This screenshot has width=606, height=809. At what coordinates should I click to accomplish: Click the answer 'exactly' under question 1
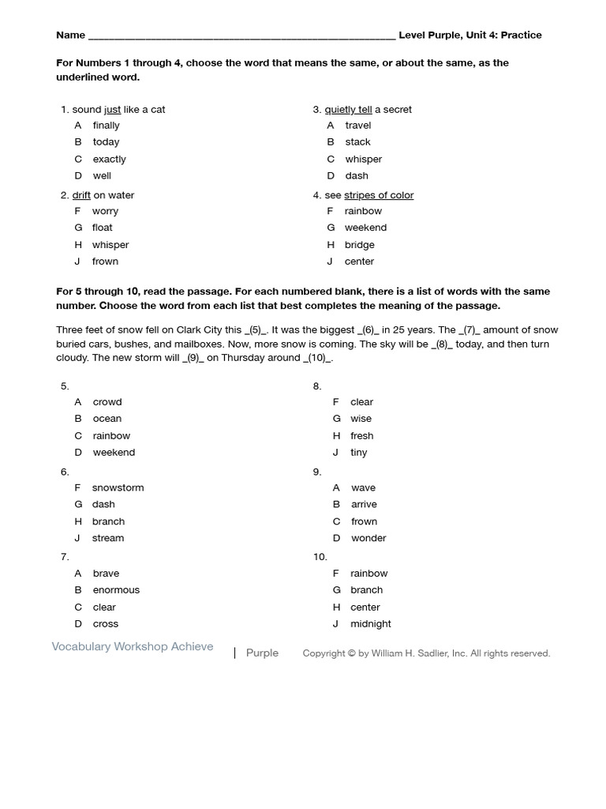[x=109, y=159]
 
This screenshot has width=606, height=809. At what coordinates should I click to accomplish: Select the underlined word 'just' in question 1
[x=112, y=110]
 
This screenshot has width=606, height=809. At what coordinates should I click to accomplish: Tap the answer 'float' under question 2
[x=102, y=228]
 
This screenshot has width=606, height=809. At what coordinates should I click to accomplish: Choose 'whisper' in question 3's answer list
[x=363, y=159]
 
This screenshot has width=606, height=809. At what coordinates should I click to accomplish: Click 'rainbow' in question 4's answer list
[x=363, y=211]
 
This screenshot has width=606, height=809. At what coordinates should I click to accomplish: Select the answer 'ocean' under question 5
[x=107, y=419]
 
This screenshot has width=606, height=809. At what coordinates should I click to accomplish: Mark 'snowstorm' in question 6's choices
[x=118, y=487]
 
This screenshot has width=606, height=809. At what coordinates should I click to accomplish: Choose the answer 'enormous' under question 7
[x=116, y=590]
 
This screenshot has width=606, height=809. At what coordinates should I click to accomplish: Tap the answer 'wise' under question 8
[x=361, y=419]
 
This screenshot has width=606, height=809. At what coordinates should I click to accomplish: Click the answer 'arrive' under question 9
[x=364, y=504]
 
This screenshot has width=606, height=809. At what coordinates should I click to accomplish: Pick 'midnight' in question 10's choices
[x=370, y=624]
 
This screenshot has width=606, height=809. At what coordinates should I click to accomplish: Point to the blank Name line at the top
[x=241, y=36]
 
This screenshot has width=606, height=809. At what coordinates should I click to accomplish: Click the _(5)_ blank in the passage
[x=257, y=330]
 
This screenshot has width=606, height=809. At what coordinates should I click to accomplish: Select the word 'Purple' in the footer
[x=262, y=653]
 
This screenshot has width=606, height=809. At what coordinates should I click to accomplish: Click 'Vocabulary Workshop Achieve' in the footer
[x=133, y=647]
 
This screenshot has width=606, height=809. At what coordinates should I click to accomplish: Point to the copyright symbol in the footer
[x=351, y=653]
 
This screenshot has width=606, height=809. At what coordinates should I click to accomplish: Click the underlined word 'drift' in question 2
[x=81, y=195]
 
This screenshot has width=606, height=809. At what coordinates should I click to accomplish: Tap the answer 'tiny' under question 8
[x=358, y=453]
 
